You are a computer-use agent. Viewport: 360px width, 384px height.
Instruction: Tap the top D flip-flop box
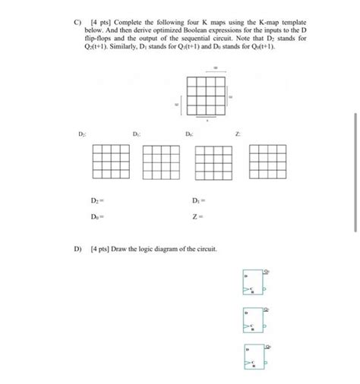click(x=253, y=284)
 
